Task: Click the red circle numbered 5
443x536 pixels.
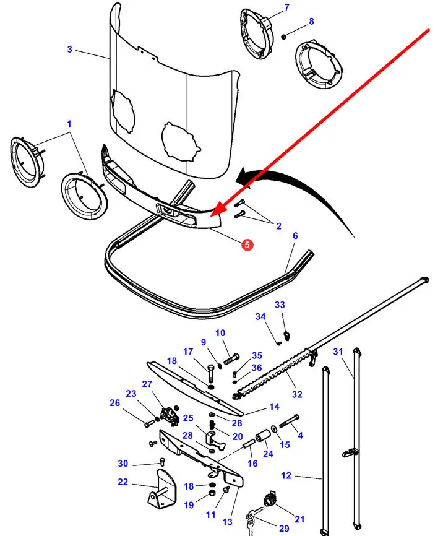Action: tap(247, 244)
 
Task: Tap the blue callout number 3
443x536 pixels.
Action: tap(70, 50)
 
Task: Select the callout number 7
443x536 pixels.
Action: tap(286, 7)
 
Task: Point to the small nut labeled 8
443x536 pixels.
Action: tap(284, 37)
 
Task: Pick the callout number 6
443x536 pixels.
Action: tap(295, 236)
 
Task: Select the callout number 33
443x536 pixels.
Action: tap(280, 305)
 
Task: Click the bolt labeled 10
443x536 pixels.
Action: tap(231, 359)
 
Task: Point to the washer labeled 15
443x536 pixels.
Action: tap(274, 429)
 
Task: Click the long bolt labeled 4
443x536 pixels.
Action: tap(290, 421)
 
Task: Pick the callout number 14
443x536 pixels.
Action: tap(274, 407)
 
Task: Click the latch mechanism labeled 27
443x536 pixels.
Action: tap(170, 415)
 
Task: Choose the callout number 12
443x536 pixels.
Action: tap(286, 475)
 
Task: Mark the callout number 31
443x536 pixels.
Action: tap(338, 352)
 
